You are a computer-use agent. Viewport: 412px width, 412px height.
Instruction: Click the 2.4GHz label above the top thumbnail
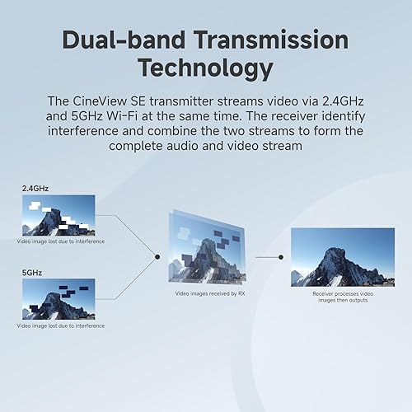click(x=35, y=189)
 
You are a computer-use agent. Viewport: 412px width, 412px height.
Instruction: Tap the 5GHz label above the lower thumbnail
click(x=31, y=271)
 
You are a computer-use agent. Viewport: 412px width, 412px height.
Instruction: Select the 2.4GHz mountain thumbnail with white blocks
click(x=59, y=216)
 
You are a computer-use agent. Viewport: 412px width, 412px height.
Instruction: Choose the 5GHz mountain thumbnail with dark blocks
click(x=59, y=299)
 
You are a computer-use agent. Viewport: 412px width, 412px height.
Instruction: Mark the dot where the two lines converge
click(x=157, y=256)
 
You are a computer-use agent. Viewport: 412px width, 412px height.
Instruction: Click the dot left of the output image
click(x=281, y=256)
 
